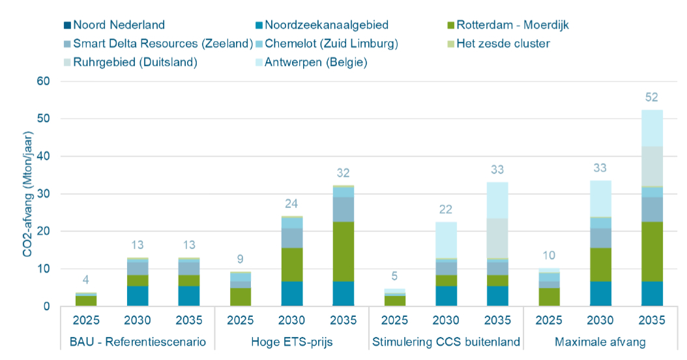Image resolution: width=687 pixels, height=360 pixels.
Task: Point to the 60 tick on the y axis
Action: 44,82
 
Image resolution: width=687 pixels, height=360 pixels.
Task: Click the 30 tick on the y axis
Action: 44,194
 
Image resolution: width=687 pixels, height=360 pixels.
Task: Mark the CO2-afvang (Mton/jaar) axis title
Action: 28,194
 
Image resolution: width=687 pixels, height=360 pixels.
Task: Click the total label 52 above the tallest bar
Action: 651,98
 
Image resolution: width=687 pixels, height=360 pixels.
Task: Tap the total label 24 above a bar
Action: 291,203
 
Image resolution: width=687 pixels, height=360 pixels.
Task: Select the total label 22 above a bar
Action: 445,209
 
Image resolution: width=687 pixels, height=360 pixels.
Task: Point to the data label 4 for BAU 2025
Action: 86,281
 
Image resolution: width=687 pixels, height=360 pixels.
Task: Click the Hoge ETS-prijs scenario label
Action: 291,342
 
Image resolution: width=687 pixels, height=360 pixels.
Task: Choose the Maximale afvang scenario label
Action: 600,342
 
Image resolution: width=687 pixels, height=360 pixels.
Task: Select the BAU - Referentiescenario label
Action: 138,342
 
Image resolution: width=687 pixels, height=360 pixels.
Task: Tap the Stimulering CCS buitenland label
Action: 445,342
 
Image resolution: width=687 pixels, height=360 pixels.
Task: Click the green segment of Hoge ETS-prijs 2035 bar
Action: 343,251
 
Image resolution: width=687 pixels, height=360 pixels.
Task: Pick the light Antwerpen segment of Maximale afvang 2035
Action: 651,128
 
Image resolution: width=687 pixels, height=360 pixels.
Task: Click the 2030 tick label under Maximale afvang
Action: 600,320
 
